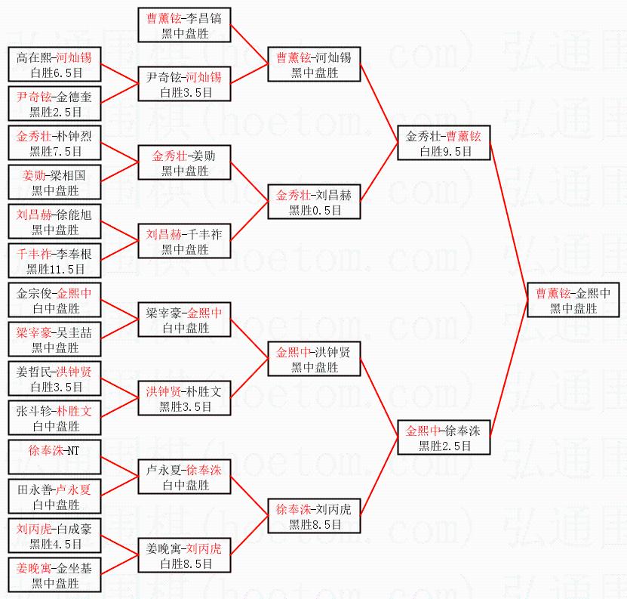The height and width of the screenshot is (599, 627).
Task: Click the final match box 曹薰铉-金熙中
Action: (573, 300)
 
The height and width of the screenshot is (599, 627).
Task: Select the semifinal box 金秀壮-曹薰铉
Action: (444, 143)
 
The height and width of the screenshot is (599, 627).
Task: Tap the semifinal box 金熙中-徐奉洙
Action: (444, 437)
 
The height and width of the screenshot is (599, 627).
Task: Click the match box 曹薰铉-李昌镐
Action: (184, 25)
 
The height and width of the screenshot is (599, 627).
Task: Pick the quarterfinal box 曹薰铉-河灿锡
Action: (314, 64)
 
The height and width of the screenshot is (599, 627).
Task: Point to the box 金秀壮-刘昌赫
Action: (314, 202)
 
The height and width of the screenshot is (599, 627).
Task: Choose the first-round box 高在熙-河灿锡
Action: (54, 64)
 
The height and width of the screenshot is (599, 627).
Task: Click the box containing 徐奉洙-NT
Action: (54, 457)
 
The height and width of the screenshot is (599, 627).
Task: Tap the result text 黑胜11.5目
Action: (55, 269)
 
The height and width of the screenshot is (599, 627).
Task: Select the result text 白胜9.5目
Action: (445, 151)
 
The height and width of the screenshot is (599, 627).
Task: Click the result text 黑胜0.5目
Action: (315, 210)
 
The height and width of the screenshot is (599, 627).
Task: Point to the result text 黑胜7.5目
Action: (56, 151)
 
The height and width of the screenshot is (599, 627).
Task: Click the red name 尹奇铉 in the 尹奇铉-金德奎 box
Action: (34, 97)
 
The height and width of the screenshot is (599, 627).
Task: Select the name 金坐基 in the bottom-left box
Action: (74, 568)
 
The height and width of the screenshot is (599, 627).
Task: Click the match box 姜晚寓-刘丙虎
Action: (184, 555)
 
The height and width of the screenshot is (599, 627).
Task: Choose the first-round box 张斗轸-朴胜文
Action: (54, 418)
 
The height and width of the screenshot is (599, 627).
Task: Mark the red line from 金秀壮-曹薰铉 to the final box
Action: (509, 221)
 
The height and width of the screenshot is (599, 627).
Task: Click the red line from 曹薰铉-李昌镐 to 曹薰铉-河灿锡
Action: (249, 45)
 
